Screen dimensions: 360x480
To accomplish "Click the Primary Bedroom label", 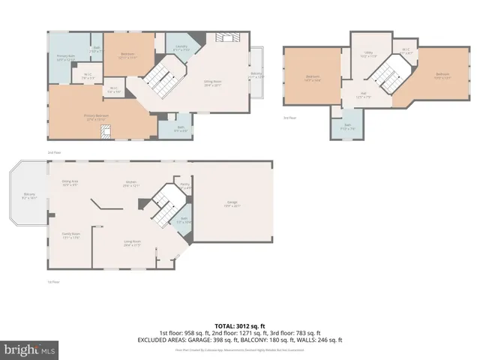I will click(x=96, y=116).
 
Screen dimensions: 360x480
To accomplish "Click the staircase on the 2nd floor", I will click(x=160, y=77).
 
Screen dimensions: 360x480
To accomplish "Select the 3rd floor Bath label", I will click(x=347, y=127).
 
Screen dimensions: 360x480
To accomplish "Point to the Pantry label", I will click(x=184, y=185).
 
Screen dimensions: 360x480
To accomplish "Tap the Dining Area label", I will click(x=70, y=183).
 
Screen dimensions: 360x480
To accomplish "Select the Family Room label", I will click(x=70, y=235).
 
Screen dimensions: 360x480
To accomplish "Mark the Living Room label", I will click(x=133, y=242).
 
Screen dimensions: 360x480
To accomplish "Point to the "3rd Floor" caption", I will click(x=289, y=118).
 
